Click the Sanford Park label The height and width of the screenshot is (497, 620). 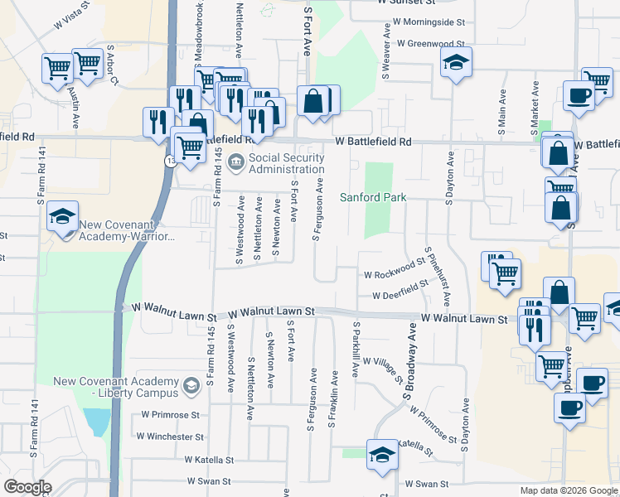point(373,197)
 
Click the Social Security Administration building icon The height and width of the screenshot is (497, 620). point(235,162)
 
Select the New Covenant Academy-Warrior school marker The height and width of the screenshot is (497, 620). point(63,217)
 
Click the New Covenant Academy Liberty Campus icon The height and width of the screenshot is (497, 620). point(191,386)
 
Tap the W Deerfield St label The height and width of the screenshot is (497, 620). point(400,291)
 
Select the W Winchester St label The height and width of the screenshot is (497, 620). point(170,436)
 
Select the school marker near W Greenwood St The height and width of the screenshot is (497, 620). point(456,63)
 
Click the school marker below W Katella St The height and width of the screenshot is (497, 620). point(383,456)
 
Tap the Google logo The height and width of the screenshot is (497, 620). point(27,487)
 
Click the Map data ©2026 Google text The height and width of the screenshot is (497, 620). point(568,490)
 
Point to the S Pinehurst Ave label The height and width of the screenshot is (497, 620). point(437,276)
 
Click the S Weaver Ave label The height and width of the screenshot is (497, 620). point(386,51)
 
